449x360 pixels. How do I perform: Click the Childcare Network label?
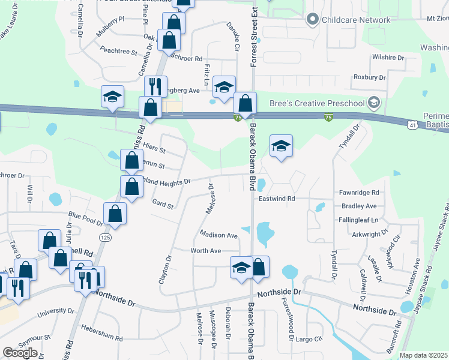pos(356,20)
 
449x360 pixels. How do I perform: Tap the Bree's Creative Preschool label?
pos(317,103)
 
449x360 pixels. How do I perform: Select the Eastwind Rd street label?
pos(277,199)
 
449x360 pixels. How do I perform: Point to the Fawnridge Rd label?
pos(359,193)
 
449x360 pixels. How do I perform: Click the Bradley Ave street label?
pos(359,206)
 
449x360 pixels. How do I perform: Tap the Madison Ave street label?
pos(219,236)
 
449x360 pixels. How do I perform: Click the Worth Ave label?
pos(206,251)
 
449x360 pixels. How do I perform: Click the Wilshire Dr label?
pos(388,58)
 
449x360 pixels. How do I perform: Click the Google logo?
pos(20,353)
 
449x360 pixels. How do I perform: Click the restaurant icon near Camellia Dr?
pos(155,86)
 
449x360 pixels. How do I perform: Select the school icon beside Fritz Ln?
pos(224,86)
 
